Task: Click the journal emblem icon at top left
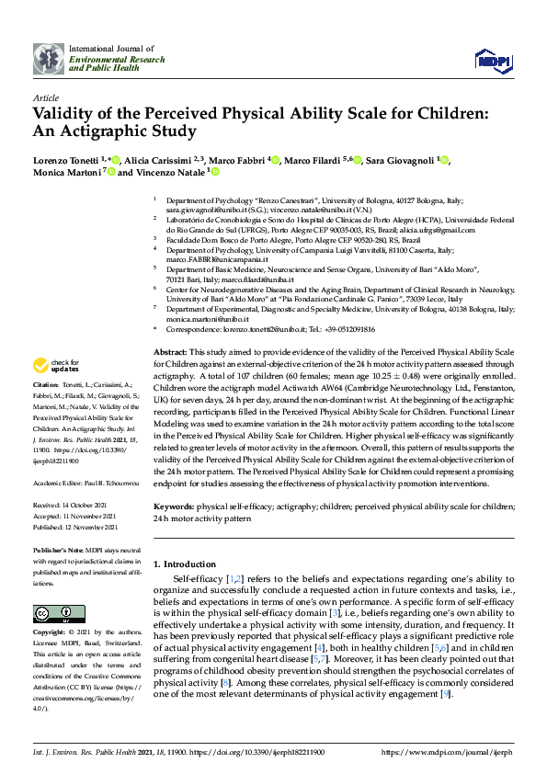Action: tap(49, 59)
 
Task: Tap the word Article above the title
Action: tap(46, 97)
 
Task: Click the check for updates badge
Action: tap(58, 365)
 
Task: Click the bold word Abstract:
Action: tap(170, 353)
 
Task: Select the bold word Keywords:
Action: tap(174, 507)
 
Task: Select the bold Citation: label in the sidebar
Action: tap(47, 383)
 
